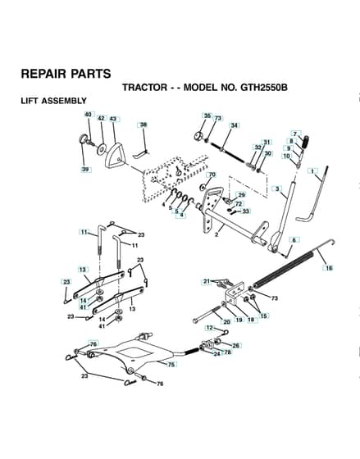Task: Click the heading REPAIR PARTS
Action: point(66,74)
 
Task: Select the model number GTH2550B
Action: point(263,87)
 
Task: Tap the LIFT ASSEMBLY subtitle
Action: point(53,101)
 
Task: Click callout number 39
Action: point(85,170)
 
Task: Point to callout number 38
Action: point(144,125)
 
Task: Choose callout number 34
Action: point(234,125)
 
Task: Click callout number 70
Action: point(212,175)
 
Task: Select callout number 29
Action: point(241,195)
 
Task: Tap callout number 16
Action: point(329,268)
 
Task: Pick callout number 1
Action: point(312,171)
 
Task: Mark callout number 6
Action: point(294,240)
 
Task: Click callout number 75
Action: point(171,365)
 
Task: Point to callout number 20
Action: point(226,321)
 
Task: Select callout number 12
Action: point(209,328)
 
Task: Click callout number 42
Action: point(101,118)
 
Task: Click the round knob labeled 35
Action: point(199,136)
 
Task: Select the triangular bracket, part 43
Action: point(115,156)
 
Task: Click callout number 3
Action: point(277,189)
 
